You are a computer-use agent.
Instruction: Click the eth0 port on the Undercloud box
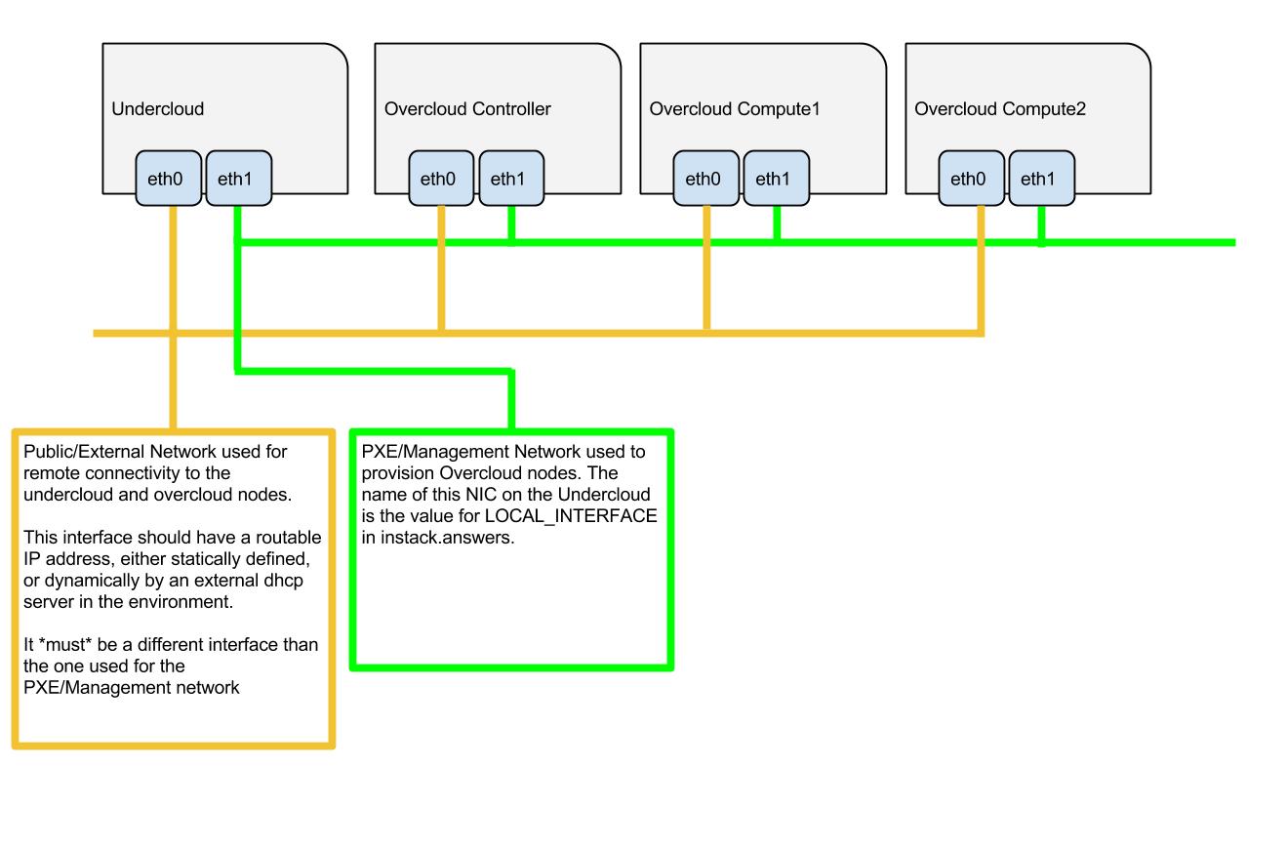[x=168, y=179]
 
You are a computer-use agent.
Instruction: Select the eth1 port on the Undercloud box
[x=238, y=179]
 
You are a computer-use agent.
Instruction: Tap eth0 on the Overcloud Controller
[x=441, y=179]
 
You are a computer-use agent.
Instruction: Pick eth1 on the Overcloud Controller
[x=511, y=179]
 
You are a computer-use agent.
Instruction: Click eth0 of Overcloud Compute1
[x=705, y=179]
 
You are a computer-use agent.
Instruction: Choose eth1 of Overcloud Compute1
[x=776, y=179]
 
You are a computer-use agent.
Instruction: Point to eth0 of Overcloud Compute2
[x=971, y=179]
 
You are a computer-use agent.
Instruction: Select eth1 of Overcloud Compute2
[x=1041, y=179]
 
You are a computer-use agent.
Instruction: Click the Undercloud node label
[x=157, y=109]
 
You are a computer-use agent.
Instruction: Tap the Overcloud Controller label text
[x=467, y=109]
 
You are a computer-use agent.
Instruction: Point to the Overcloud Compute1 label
[x=735, y=109]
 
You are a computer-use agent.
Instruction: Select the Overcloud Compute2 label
[x=999, y=109]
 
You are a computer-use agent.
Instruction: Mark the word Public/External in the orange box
[x=82, y=452]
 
